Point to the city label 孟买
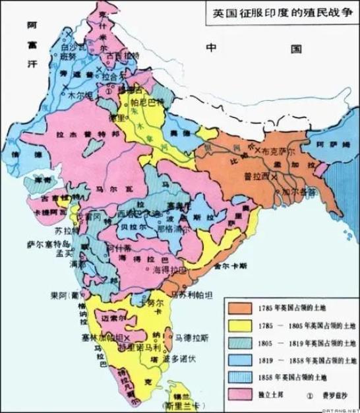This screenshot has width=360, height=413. pos(64,252)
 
